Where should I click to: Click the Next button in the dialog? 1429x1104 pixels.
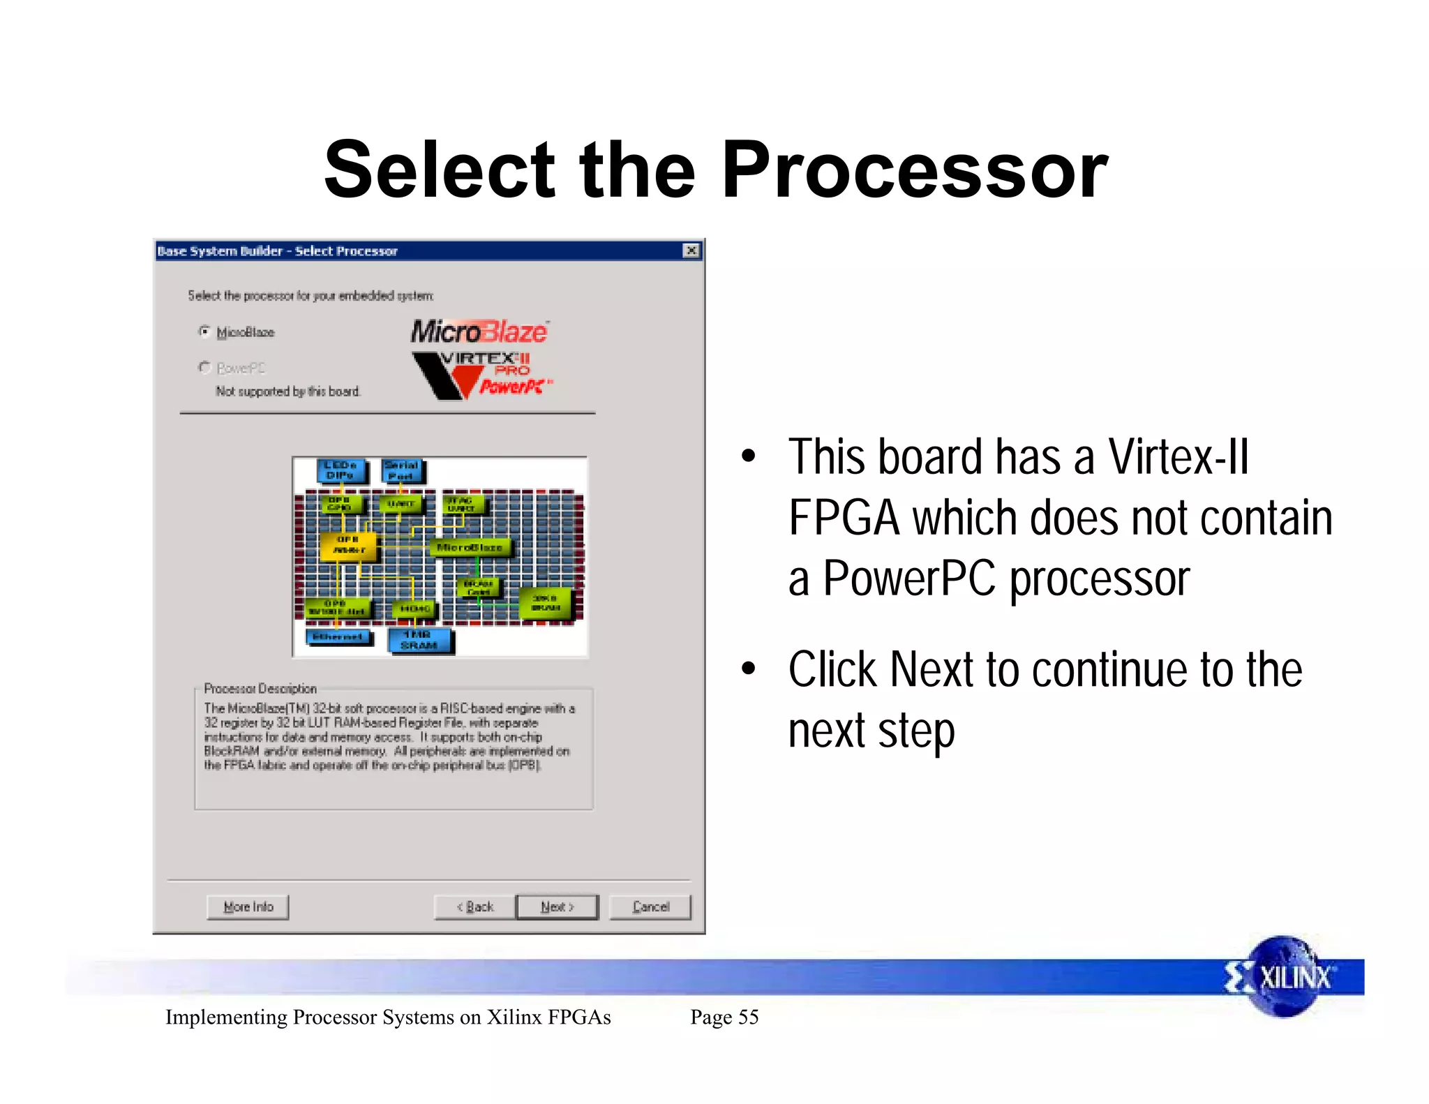tap(557, 907)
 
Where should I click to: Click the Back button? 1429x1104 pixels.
tap(475, 907)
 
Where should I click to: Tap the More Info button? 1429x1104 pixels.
tap(248, 907)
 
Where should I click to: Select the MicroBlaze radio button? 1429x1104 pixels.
tap(204, 331)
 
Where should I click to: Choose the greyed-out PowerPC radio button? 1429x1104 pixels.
tap(204, 367)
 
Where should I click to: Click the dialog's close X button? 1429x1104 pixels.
tap(691, 251)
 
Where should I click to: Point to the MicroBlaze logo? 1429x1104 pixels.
tap(479, 331)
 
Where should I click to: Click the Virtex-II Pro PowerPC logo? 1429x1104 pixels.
tap(481, 375)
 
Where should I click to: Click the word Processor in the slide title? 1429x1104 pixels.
tap(914, 170)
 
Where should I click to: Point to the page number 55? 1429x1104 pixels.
tap(748, 1017)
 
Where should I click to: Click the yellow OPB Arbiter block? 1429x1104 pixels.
tap(348, 545)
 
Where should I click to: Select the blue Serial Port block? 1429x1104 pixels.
tap(402, 470)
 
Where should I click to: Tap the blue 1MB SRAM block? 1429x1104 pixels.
tap(419, 640)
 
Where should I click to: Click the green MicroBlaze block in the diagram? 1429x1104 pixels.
tap(470, 548)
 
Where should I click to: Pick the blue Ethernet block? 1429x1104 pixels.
tap(338, 636)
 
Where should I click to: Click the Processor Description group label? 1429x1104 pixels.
tap(260, 689)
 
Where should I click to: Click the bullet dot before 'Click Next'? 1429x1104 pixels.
tap(749, 669)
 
